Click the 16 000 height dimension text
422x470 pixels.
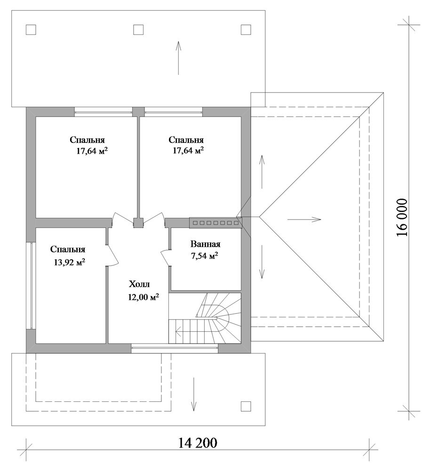pyautogui.click(x=402, y=217)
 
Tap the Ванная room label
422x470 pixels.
pyautogui.click(x=205, y=244)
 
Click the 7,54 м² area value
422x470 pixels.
pyautogui.click(x=204, y=256)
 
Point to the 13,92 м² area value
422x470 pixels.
pyautogui.click(x=69, y=262)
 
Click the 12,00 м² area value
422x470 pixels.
pyautogui.click(x=143, y=297)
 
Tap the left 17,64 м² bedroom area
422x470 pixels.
pyautogui.click(x=92, y=150)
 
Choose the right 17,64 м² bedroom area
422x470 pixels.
pyautogui.click(x=188, y=150)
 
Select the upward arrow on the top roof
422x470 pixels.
pyautogui.click(x=178, y=58)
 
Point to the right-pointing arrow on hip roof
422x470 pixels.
pyautogui.click(x=304, y=219)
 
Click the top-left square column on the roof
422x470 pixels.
pyautogui.click(x=31, y=30)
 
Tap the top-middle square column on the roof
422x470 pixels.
pyautogui.click(x=138, y=30)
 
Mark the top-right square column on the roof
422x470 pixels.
pyautogui.click(x=246, y=30)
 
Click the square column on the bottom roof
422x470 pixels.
pyautogui.click(x=246, y=407)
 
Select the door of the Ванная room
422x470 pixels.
pyautogui.click(x=166, y=257)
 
